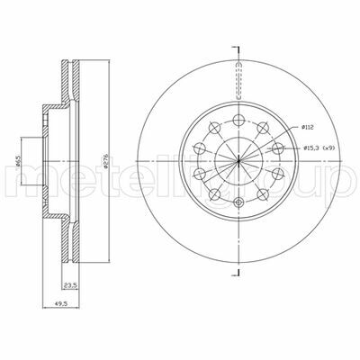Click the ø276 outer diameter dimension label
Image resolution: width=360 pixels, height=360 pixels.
(105, 161)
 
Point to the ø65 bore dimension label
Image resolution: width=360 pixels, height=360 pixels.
(18, 161)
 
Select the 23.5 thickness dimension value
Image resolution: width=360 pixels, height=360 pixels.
(69, 284)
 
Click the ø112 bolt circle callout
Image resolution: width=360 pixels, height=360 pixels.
(308, 127)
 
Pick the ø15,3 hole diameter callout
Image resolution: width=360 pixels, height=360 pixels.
(311, 148)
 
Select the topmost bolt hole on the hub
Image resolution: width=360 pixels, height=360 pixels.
(238, 120)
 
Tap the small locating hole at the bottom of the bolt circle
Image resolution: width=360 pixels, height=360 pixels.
(238, 202)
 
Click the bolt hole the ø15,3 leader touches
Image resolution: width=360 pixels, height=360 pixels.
(278, 148)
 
